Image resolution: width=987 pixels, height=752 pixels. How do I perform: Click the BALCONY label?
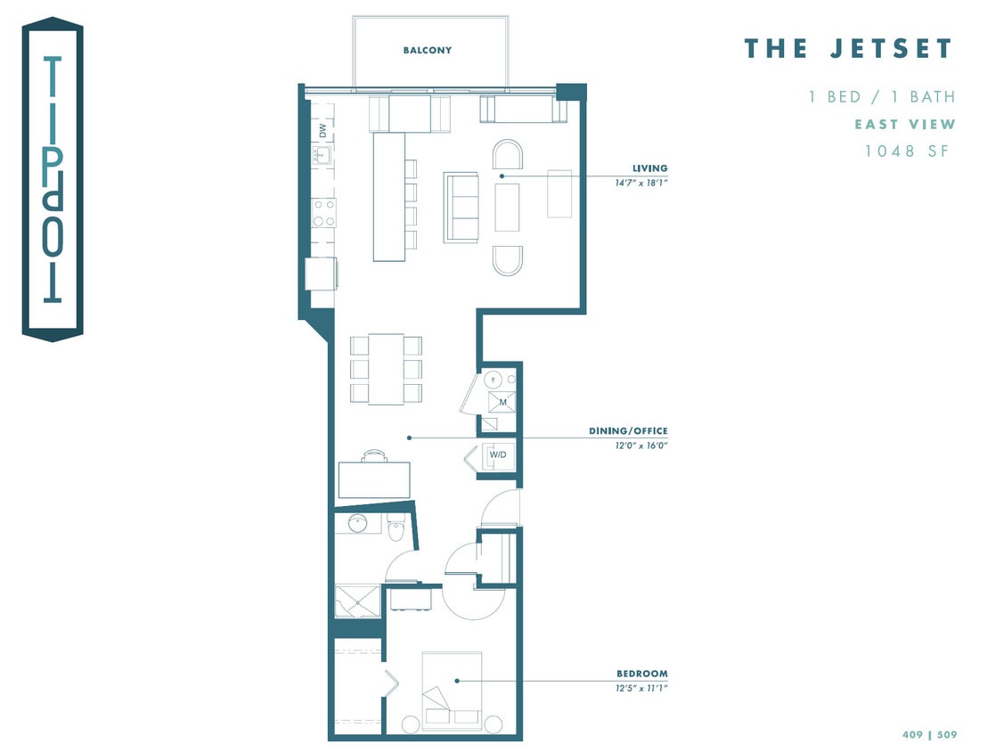[x=428, y=51]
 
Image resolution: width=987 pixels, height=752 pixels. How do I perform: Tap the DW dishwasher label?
[x=322, y=130]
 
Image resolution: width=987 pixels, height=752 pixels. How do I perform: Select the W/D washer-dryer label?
[x=498, y=454]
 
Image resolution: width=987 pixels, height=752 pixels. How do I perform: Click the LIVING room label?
[x=649, y=168]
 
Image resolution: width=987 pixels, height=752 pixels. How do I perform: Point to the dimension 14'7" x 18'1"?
[x=641, y=184]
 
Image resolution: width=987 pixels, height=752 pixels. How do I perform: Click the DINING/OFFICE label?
[x=628, y=430]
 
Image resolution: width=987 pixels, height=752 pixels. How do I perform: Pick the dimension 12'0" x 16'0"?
[x=641, y=445]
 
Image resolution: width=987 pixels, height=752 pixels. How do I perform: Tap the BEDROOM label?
[x=642, y=674]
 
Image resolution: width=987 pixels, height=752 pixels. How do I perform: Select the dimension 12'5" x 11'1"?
[x=641, y=689]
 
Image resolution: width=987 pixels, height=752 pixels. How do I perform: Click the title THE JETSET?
[x=849, y=48]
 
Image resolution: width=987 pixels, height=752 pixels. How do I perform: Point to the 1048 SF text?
[x=907, y=151]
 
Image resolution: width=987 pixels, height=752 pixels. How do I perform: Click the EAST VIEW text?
[x=905, y=124]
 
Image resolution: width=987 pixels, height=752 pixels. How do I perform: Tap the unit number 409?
[x=912, y=734]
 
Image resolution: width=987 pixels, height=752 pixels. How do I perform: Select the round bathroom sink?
[x=357, y=523]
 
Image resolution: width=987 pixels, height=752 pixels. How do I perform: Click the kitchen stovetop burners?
[x=324, y=212]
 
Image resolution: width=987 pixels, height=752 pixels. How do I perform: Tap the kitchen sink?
[x=322, y=155]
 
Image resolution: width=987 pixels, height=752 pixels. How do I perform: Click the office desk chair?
[x=374, y=455]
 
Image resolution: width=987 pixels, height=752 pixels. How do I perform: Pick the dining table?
[x=386, y=369]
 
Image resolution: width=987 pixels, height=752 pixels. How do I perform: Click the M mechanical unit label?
[x=502, y=403]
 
